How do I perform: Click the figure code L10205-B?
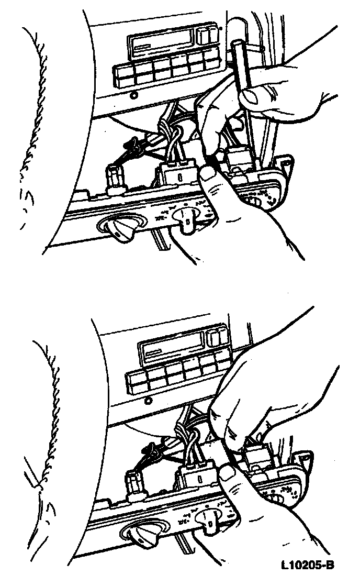308,565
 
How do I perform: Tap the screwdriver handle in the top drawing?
240,61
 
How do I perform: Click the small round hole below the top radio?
134,95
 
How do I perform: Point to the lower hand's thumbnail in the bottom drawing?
227,473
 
